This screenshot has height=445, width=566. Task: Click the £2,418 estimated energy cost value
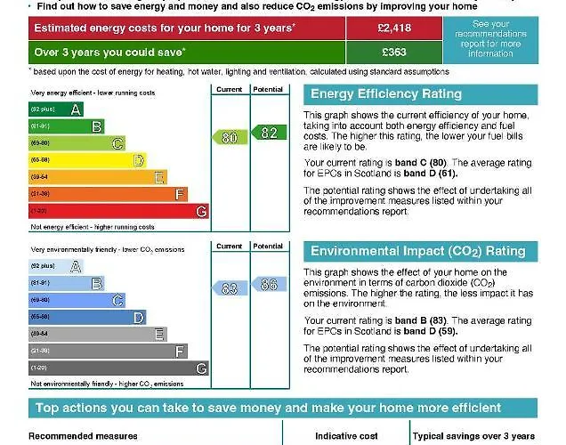click(x=392, y=28)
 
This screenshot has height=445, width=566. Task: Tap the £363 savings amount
click(x=392, y=53)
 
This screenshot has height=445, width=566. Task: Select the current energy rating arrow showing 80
click(x=230, y=137)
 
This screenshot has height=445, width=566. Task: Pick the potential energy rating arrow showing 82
click(x=267, y=133)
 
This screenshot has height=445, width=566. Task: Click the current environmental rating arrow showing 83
click(x=230, y=288)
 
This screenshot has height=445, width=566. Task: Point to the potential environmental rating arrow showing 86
click(x=267, y=285)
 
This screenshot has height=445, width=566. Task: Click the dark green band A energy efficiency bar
click(x=56, y=109)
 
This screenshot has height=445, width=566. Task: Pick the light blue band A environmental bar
click(x=56, y=266)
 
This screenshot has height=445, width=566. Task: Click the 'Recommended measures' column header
click(x=83, y=436)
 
